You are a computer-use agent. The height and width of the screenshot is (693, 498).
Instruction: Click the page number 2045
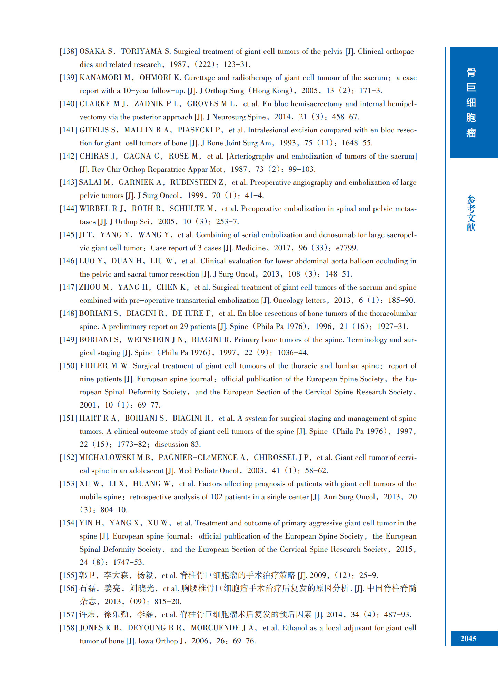(468, 639)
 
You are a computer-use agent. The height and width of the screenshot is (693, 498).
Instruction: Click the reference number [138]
(68, 51)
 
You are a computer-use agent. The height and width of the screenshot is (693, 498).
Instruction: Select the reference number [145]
(68, 235)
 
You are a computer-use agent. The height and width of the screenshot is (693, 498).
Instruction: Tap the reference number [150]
(68, 366)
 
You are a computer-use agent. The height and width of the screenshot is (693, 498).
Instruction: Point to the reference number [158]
(68, 628)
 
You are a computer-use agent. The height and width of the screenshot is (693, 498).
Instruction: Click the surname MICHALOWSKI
(107, 458)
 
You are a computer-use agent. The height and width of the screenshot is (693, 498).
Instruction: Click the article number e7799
(347, 248)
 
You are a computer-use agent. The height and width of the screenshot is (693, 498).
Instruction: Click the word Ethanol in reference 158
(295, 628)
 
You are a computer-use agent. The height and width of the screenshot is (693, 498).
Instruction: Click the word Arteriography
(251, 156)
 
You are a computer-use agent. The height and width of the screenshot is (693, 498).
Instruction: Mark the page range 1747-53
(128, 562)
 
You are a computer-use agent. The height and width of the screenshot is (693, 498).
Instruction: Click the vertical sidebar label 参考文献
(471, 213)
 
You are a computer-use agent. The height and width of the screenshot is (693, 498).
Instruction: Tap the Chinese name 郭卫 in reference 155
(87, 575)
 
